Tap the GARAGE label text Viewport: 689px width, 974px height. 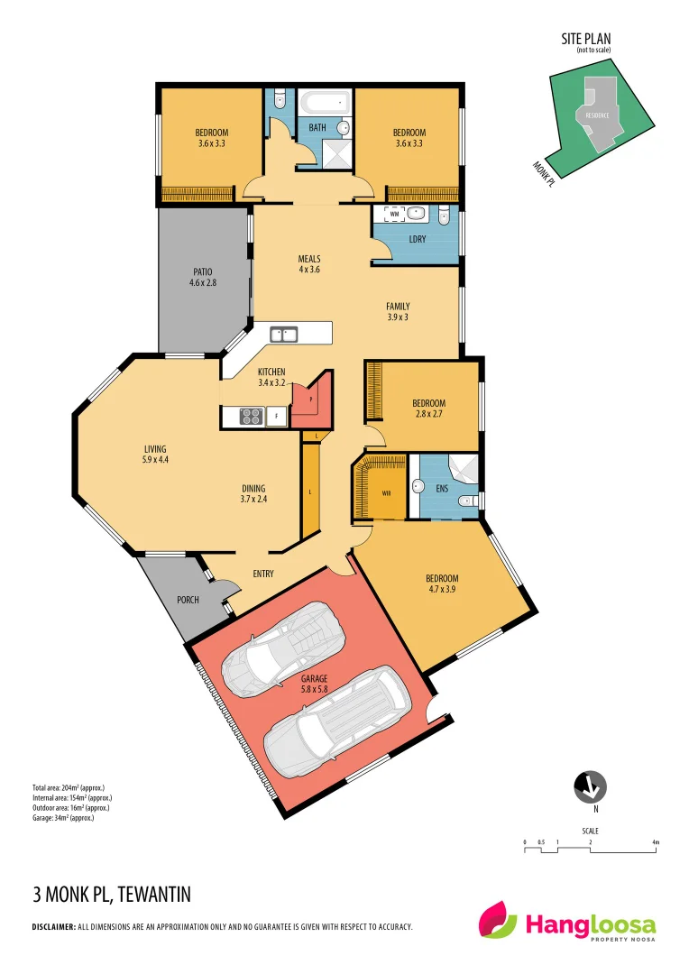pyautogui.click(x=315, y=678)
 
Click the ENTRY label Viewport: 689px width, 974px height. pyautogui.click(x=263, y=574)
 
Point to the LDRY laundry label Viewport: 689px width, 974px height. pyautogui.click(x=418, y=239)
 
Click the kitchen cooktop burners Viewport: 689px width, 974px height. pyautogui.click(x=249, y=416)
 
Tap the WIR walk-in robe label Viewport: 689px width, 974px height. pyautogui.click(x=386, y=493)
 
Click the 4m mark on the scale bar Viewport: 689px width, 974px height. pyautogui.click(x=657, y=842)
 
